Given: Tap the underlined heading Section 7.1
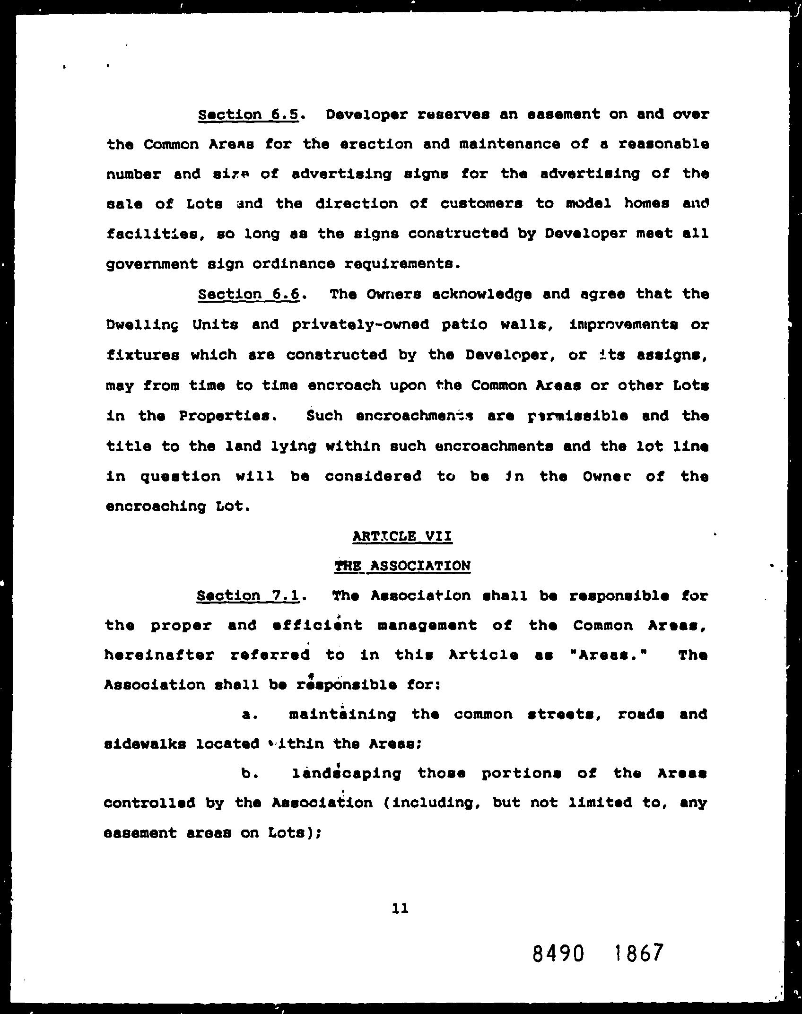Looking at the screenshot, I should (248, 595).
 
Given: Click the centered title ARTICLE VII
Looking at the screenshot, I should (402, 536).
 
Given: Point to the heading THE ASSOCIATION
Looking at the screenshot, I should (402, 566).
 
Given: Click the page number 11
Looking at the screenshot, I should (401, 908).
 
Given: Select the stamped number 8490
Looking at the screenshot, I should (558, 953).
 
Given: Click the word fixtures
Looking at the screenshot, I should (142, 355).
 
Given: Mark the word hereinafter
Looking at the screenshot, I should (159, 656).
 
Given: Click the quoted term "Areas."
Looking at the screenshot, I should (610, 656).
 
